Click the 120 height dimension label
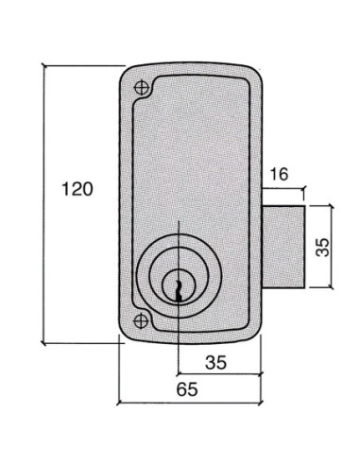click(77, 189)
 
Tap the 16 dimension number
click(279, 174)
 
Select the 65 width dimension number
click(187, 389)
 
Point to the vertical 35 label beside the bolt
click(322, 248)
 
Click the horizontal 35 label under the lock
click(215, 362)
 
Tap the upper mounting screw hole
click(142, 87)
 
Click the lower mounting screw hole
click(141, 321)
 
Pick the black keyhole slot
click(179, 291)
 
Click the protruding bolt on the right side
click(283, 247)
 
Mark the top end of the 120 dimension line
click(44, 66)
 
